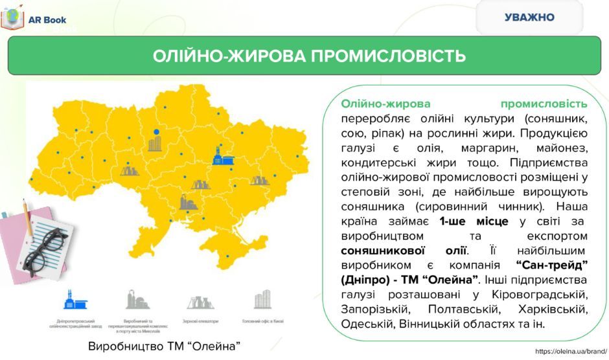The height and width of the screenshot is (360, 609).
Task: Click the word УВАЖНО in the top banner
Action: [529, 17]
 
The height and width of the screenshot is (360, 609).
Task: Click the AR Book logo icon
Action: [12, 19]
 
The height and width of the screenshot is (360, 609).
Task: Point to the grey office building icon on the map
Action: [155, 143]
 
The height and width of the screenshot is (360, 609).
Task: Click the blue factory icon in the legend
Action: [69, 299]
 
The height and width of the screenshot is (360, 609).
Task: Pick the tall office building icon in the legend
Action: [262, 299]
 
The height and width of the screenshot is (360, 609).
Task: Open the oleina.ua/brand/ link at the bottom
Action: [570, 351]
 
